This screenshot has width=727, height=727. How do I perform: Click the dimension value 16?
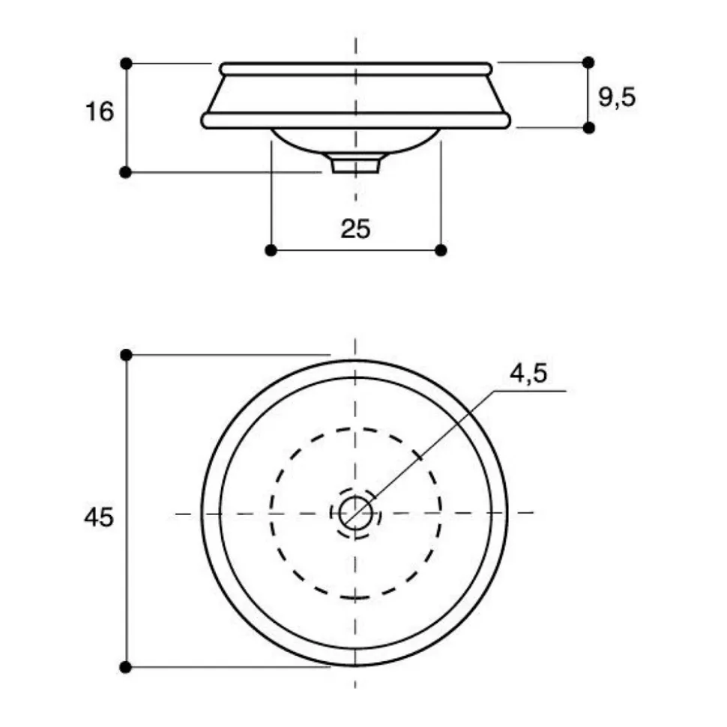pyautogui.click(x=100, y=112)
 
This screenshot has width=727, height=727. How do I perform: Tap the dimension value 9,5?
pyautogui.click(x=617, y=97)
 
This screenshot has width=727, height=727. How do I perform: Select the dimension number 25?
pyautogui.click(x=355, y=228)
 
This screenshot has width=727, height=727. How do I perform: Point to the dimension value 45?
pyautogui.click(x=98, y=517)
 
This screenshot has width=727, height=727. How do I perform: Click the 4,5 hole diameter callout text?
pyautogui.click(x=528, y=374)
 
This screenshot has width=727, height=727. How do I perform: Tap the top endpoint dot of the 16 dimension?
pyautogui.click(x=126, y=64)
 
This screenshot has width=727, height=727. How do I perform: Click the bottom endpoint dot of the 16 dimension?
pyautogui.click(x=126, y=172)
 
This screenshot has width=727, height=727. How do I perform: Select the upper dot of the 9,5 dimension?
pyautogui.click(x=588, y=62)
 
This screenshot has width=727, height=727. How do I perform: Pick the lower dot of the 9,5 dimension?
pyautogui.click(x=588, y=127)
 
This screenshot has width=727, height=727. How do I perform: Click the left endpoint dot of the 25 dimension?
pyautogui.click(x=271, y=250)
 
